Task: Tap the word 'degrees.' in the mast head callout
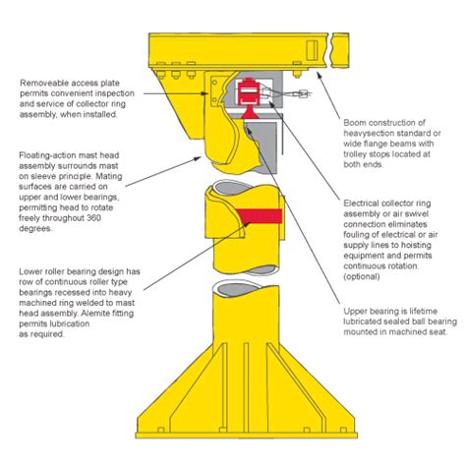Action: [36, 226]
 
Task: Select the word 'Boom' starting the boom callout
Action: [358, 122]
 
